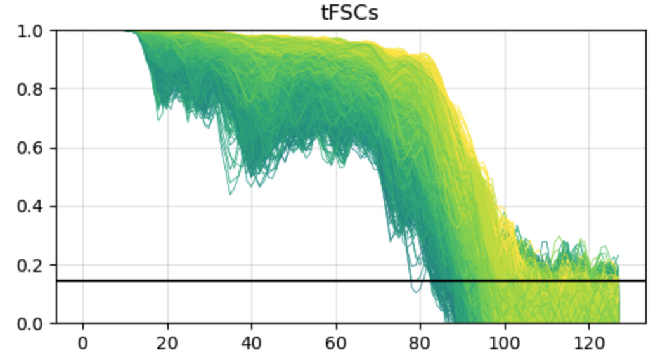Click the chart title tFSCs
point(350,12)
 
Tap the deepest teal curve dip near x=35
point(230,193)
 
